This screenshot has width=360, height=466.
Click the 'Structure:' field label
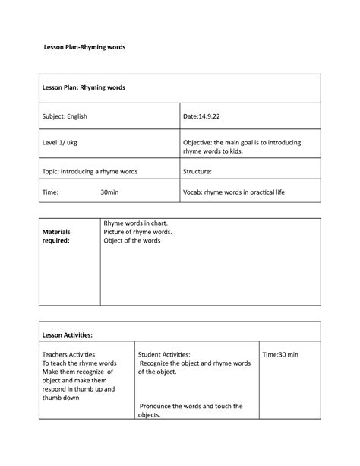coord(197,172)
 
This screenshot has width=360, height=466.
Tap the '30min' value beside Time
coord(109,193)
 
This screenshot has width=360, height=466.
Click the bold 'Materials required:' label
coord(55,236)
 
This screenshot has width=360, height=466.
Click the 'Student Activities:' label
coord(165,354)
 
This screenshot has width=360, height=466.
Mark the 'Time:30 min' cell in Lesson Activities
coord(280,354)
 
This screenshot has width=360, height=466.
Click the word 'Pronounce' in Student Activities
coord(156,406)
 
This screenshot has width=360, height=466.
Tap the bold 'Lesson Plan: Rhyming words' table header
coord(84,88)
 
